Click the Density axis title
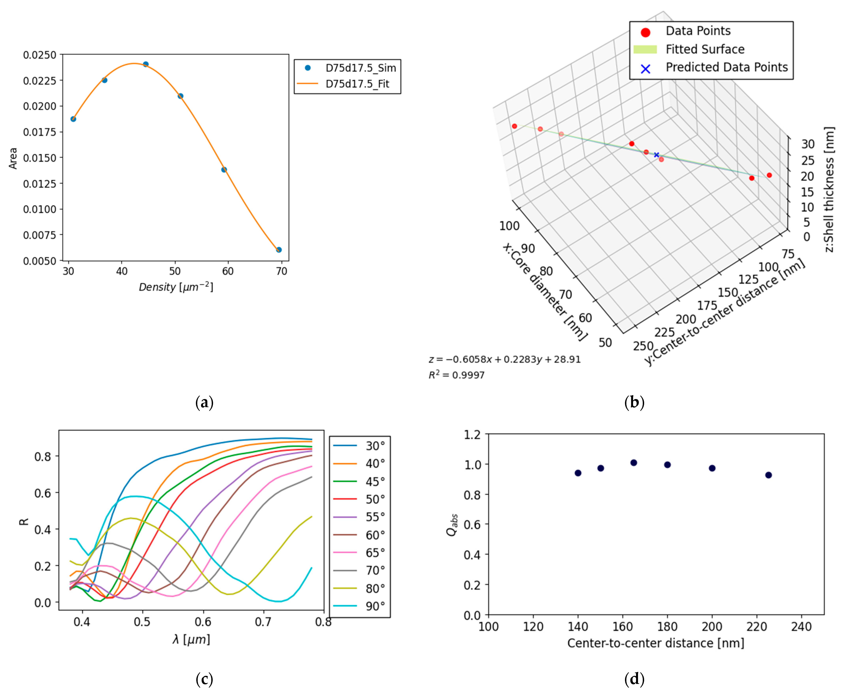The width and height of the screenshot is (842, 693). tap(176, 287)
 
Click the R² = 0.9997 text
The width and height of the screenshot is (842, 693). tap(456, 375)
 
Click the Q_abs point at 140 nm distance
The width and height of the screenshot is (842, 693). tap(578, 473)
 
